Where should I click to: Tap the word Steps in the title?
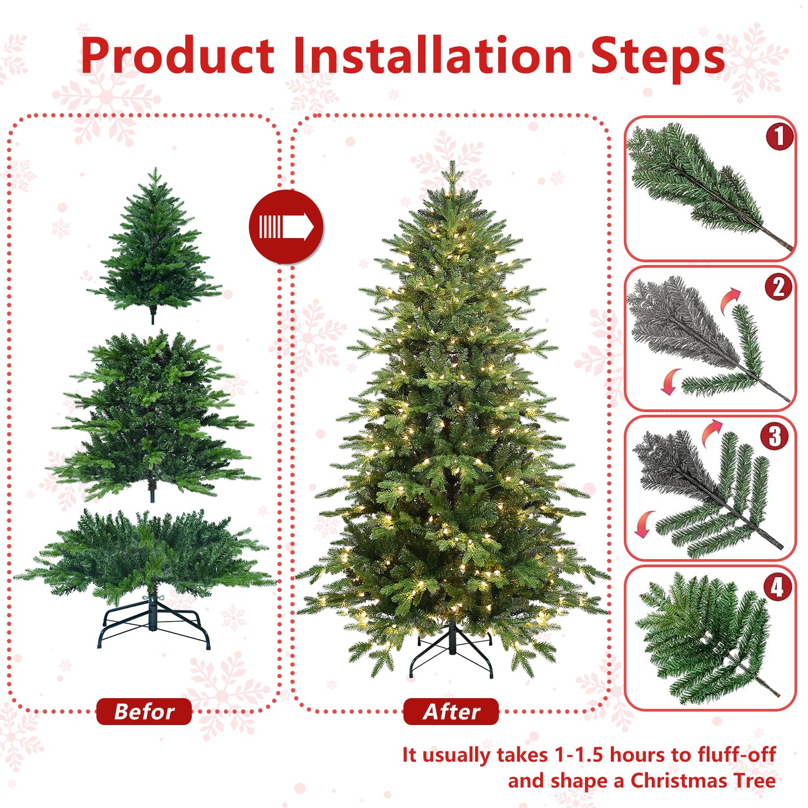(657, 57)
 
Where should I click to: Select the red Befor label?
(144, 712)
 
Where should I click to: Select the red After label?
(451, 712)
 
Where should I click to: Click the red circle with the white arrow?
(286, 227)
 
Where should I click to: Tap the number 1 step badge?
(779, 136)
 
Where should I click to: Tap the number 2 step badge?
(778, 287)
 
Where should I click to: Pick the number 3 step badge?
(775, 436)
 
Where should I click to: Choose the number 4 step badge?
(777, 587)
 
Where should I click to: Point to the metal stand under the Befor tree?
(154, 625)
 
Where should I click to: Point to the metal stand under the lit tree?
(451, 652)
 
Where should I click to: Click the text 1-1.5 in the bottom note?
(579, 755)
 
